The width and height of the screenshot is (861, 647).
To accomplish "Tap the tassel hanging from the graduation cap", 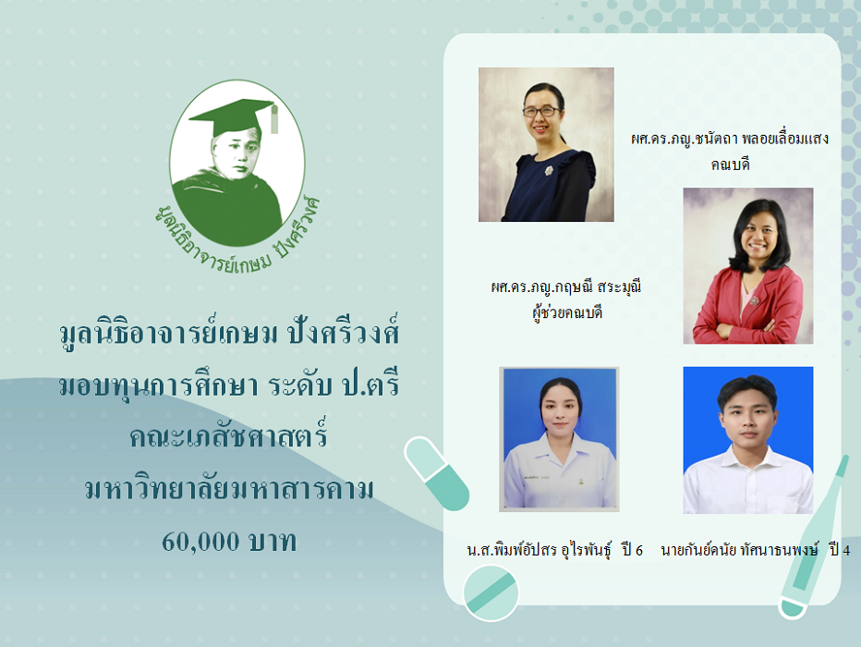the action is [x=274, y=118].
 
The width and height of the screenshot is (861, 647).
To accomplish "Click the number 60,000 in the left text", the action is [x=200, y=542].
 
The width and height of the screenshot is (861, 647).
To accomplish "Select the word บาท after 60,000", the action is [x=273, y=542].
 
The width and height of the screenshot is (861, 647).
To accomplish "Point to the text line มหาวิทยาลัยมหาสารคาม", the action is [x=229, y=488].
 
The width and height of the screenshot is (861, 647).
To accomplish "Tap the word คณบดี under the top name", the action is [x=730, y=165].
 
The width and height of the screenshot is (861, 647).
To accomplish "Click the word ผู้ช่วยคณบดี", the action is [x=566, y=313].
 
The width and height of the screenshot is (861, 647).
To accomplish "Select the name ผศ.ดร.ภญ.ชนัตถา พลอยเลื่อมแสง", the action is [x=729, y=139].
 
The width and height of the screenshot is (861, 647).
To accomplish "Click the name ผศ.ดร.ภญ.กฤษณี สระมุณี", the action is [x=565, y=287].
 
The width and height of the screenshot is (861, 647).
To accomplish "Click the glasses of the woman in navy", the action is [x=541, y=112].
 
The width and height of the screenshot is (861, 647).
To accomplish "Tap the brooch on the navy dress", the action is [x=549, y=171].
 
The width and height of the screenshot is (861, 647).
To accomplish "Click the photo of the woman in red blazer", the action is [x=748, y=266].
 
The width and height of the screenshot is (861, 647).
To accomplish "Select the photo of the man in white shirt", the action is [x=748, y=440].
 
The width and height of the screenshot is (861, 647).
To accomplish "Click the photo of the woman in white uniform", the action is [x=559, y=439].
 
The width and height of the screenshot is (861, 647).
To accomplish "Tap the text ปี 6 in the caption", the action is [x=632, y=550].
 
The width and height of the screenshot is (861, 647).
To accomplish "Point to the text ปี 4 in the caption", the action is [x=840, y=550].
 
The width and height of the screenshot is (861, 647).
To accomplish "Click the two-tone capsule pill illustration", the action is [x=437, y=473].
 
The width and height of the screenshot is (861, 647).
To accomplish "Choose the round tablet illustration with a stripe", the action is [x=491, y=593].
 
